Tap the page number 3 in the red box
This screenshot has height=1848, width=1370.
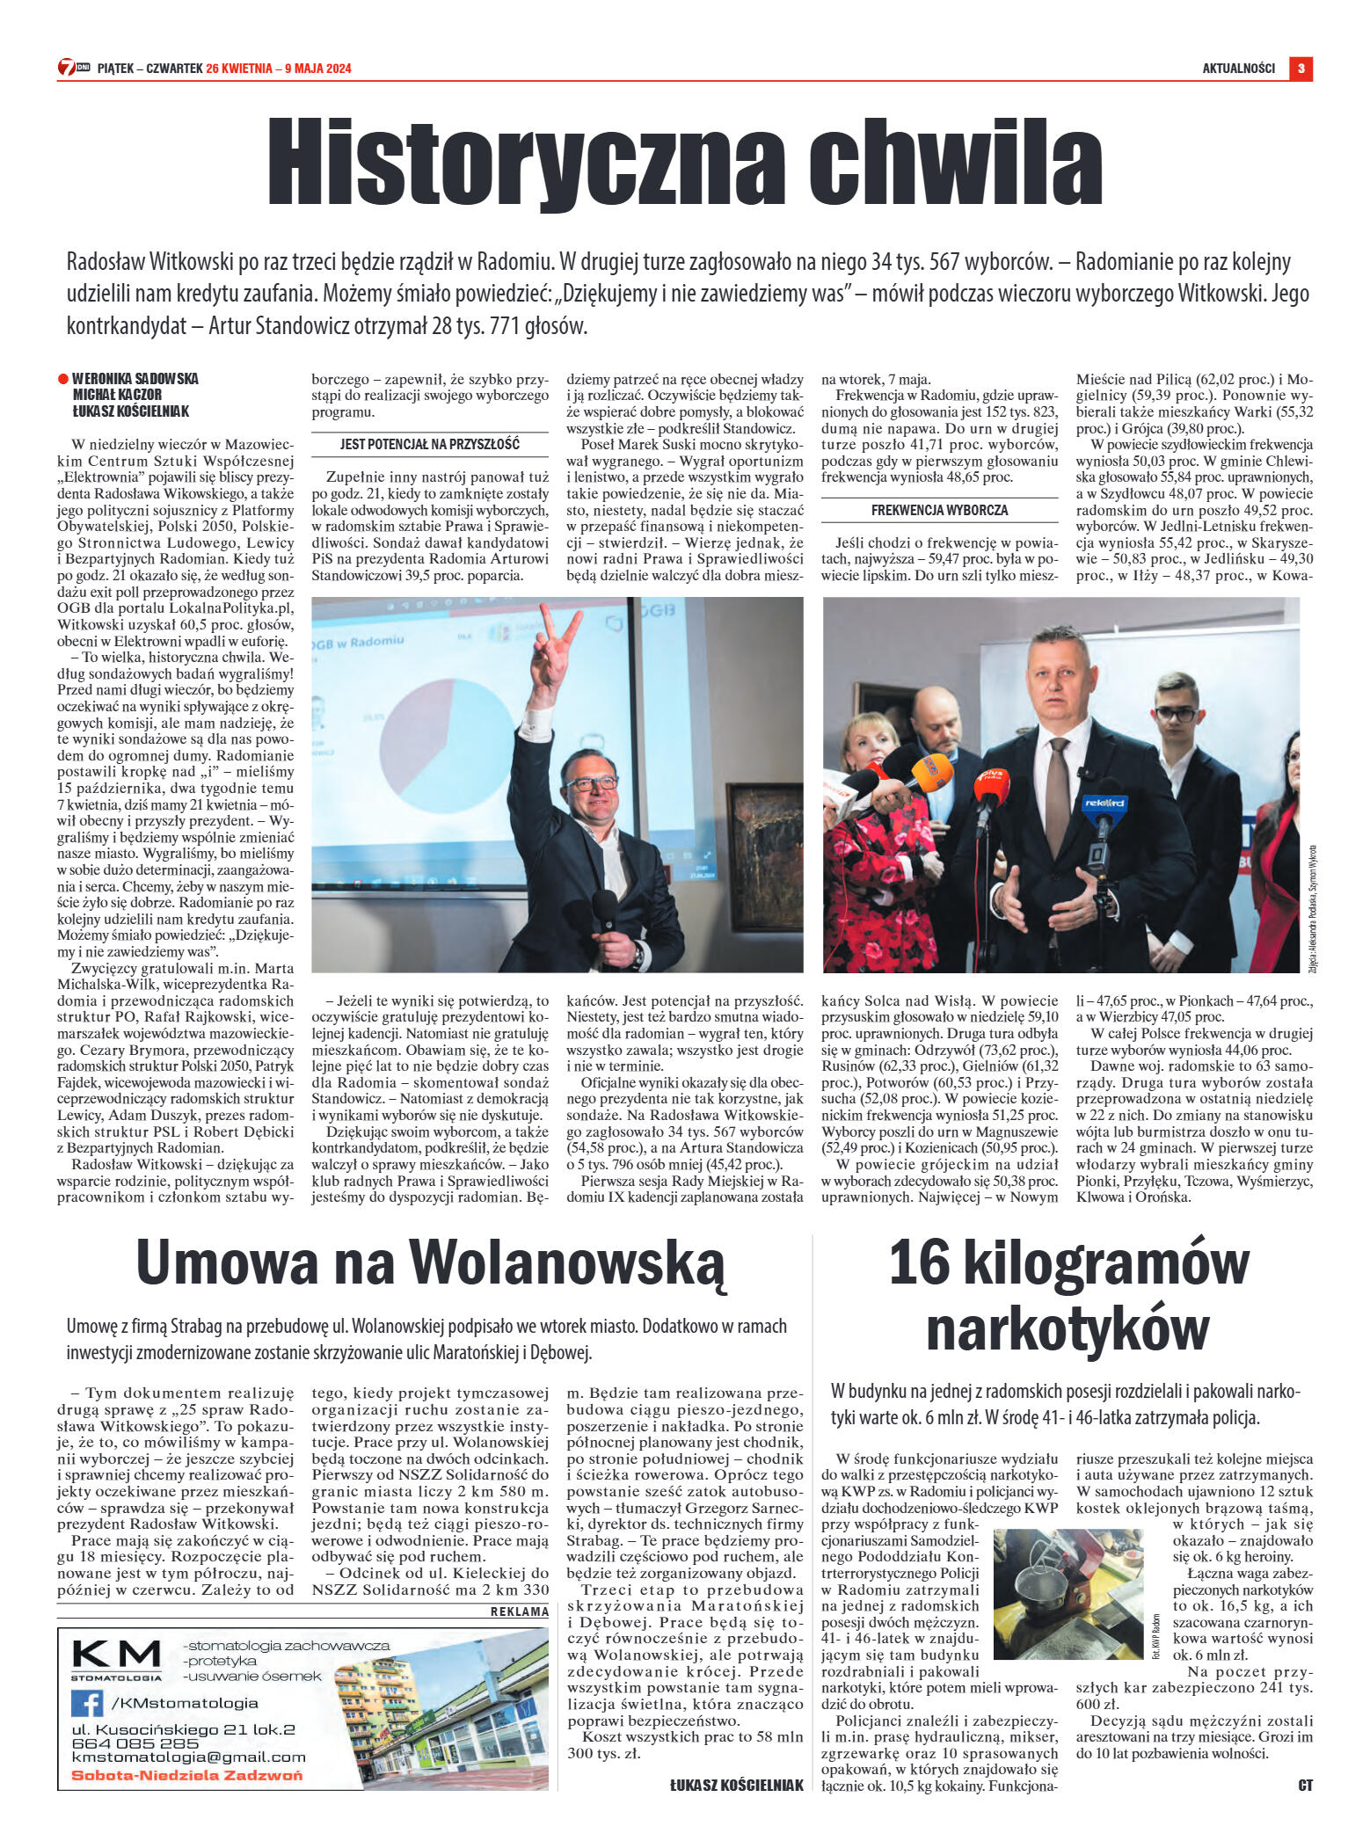[1301, 68]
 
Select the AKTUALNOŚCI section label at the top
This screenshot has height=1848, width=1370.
[1238, 69]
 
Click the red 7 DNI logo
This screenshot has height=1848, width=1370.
[74, 68]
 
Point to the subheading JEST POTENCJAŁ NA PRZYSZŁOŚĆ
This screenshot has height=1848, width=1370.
[430, 444]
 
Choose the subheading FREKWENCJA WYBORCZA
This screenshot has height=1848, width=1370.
[939, 510]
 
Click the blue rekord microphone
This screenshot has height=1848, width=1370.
[1105, 805]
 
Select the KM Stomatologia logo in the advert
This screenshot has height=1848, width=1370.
[116, 1658]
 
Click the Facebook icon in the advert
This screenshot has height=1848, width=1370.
[87, 1704]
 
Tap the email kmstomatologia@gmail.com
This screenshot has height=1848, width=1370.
[189, 1757]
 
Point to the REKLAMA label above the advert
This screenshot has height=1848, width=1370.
[519, 1612]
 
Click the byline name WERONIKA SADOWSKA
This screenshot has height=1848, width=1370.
[135, 379]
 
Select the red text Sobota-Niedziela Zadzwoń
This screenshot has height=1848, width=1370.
[186, 1774]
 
